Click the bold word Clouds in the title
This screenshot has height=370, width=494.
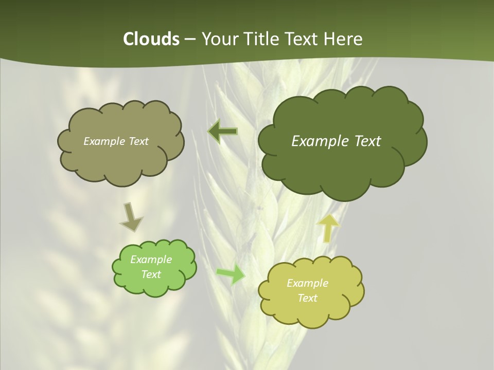click(x=151, y=39)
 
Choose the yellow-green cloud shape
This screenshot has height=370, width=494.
click(x=311, y=313)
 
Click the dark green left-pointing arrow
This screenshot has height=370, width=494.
click(x=223, y=132)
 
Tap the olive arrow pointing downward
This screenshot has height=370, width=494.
click(x=131, y=216)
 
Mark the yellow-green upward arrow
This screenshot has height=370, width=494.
click(x=328, y=228)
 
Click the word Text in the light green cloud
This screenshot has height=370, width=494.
click(x=151, y=274)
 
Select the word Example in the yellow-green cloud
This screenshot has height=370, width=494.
click(x=307, y=283)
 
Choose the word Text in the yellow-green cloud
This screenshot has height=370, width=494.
click(x=307, y=298)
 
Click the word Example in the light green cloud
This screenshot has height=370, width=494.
click(x=151, y=260)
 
